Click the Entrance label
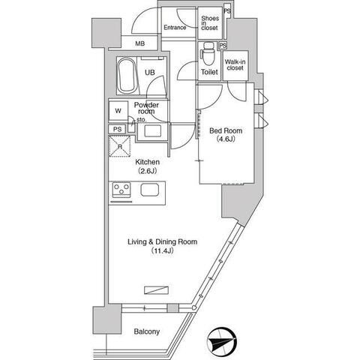click(175, 28)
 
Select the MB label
click(140, 44)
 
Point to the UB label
click(150, 72)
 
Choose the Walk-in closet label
click(235, 64)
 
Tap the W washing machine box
click(118, 111)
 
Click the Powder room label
click(145, 108)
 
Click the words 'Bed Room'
click(225, 129)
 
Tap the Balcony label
click(146, 331)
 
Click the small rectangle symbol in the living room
click(155, 289)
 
